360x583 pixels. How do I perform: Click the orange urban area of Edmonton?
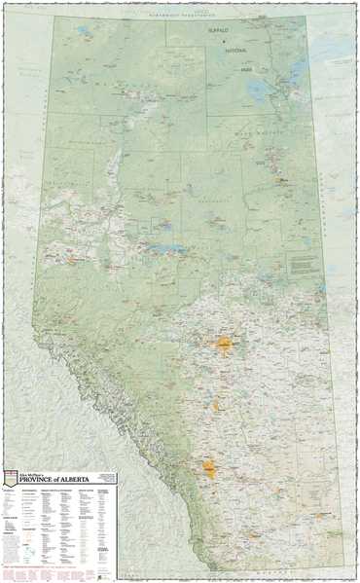pos(226,342)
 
